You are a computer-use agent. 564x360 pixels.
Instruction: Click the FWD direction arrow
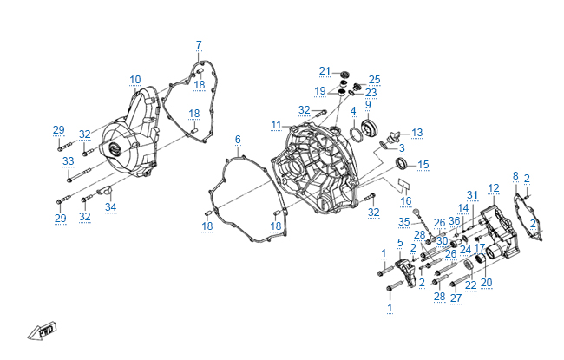[x=41, y=331]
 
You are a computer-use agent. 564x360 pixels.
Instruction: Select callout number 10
[x=135, y=80]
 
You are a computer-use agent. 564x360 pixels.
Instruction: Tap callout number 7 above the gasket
[x=198, y=44]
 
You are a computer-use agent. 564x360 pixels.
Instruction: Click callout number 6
[x=237, y=139]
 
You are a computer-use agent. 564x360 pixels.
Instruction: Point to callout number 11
[x=276, y=125]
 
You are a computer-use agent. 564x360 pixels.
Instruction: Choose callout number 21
[x=325, y=70]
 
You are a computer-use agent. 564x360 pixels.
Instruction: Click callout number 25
[x=375, y=79]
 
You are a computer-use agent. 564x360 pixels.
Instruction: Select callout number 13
[x=417, y=133]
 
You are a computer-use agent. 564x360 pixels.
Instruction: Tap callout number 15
[x=423, y=164]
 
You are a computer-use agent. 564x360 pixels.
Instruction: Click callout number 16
[x=406, y=200]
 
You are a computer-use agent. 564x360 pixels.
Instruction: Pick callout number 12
[x=494, y=187]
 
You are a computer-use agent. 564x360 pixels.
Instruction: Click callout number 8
[x=515, y=176]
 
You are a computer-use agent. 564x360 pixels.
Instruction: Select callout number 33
[x=68, y=161]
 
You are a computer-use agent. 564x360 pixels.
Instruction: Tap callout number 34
[x=110, y=206]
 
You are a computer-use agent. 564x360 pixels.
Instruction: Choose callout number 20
[x=486, y=282]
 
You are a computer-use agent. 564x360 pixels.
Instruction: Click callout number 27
[x=455, y=298]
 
